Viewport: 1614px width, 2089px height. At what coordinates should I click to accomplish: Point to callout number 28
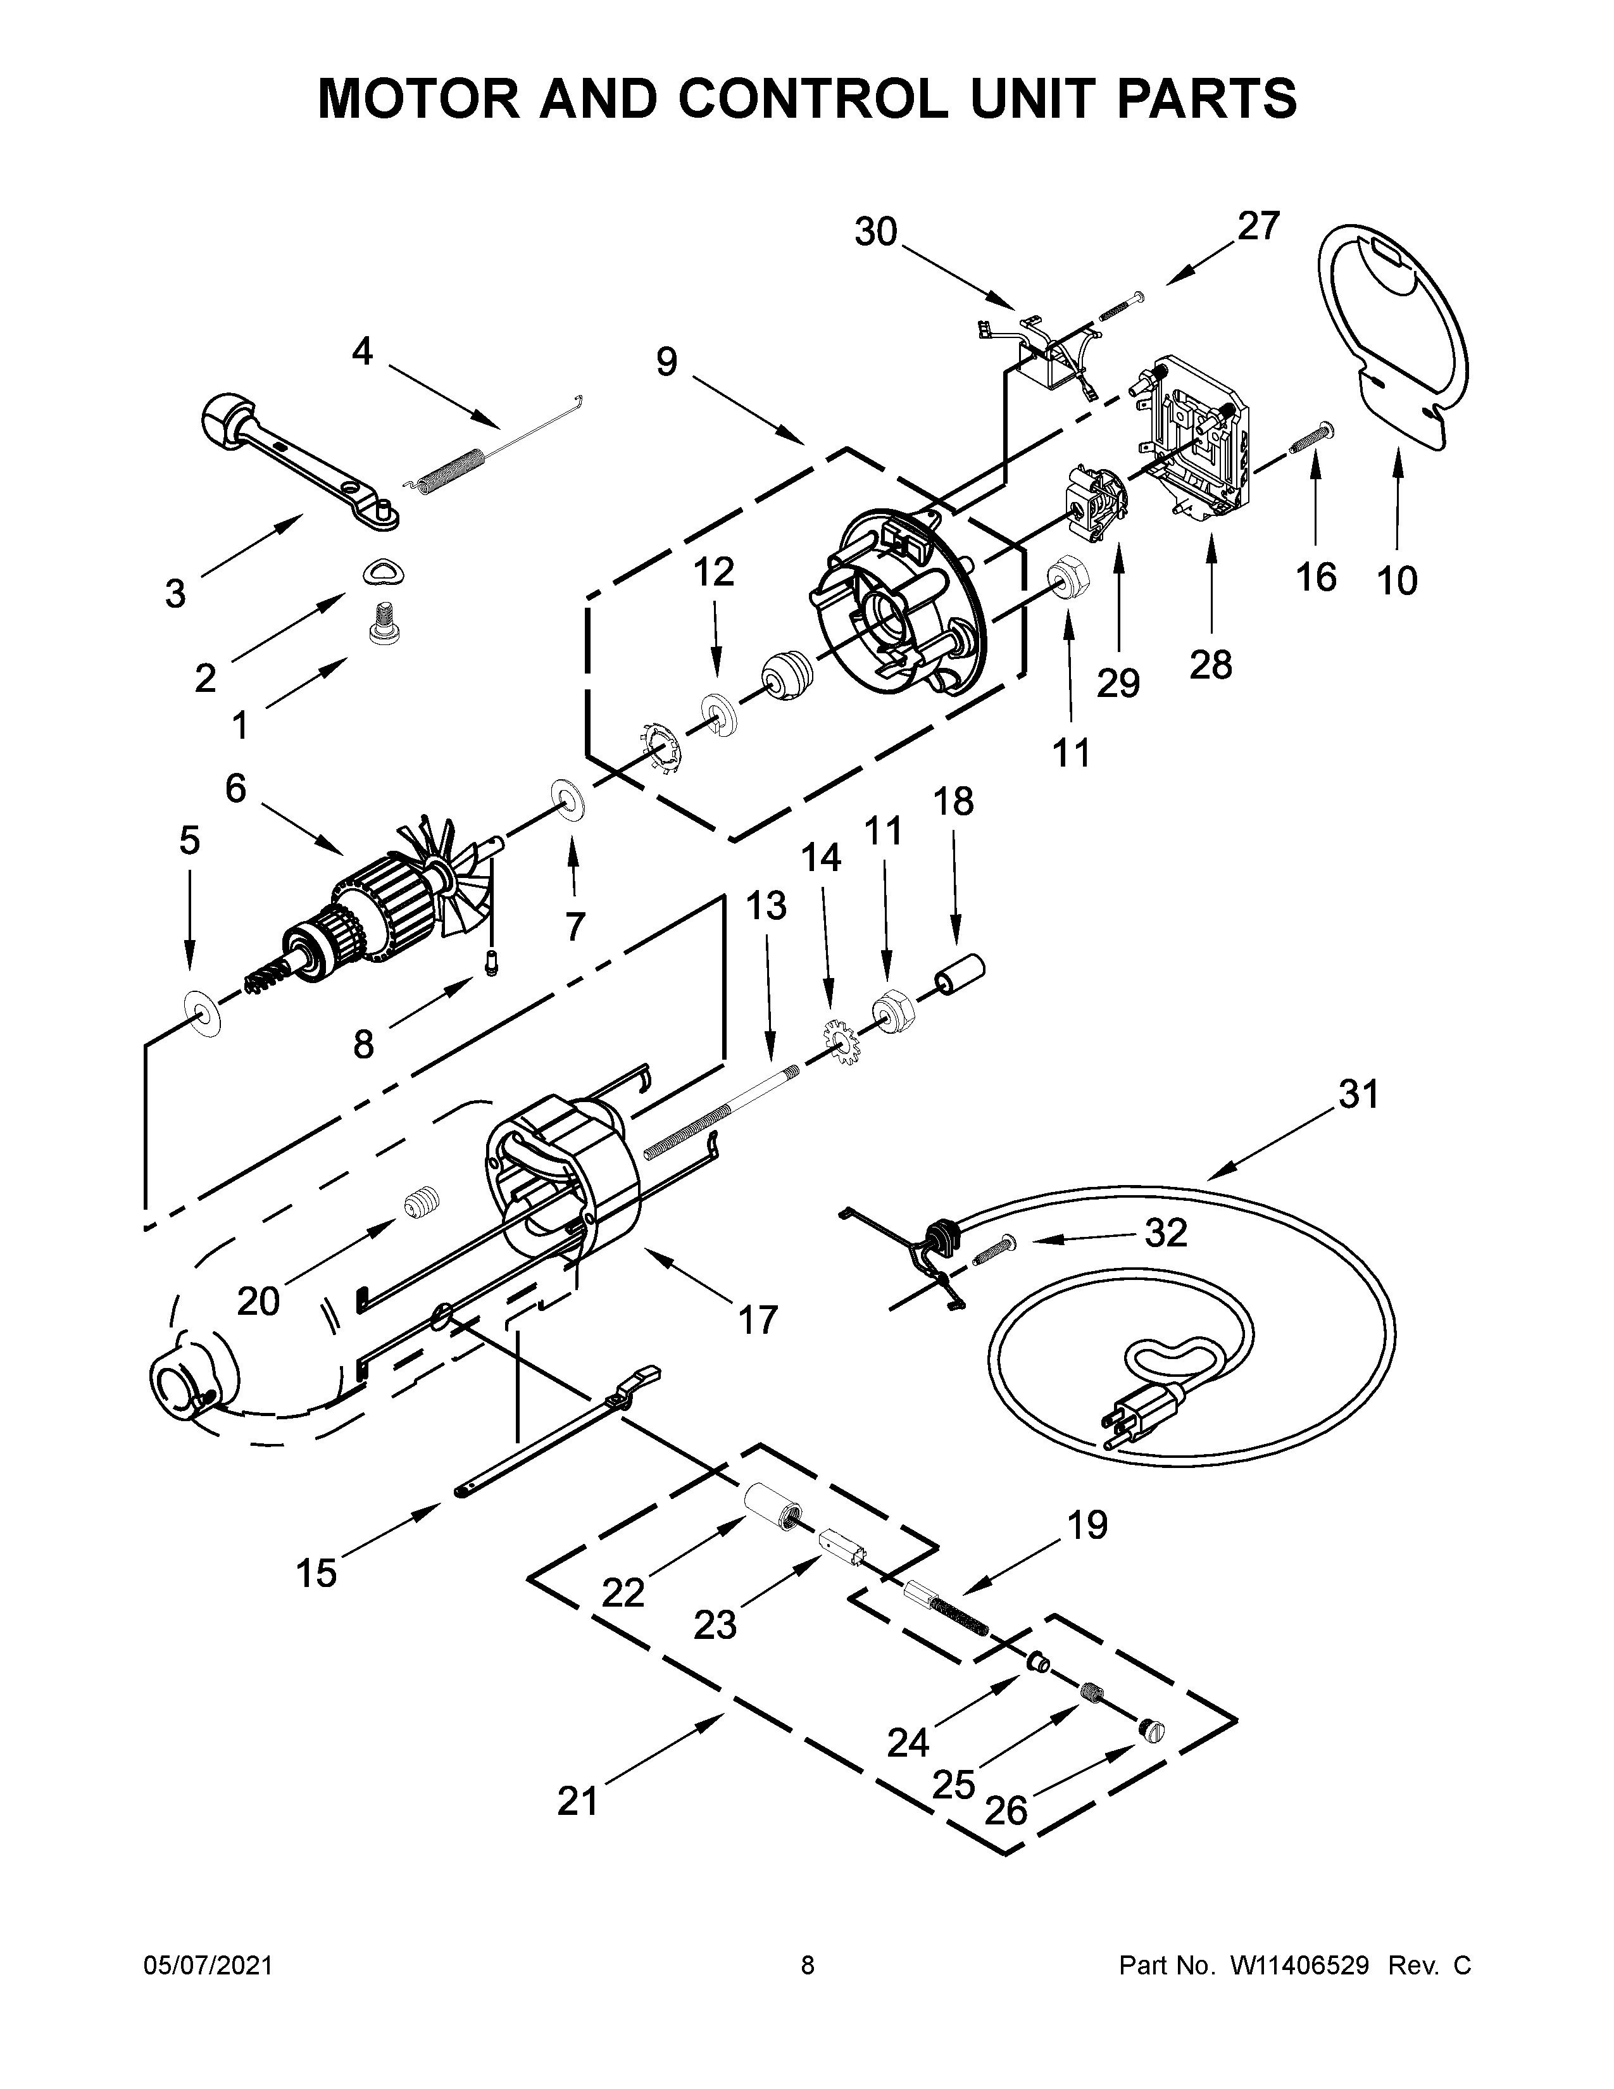1210,665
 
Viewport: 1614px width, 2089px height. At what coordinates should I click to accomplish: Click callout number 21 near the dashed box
577,1801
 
